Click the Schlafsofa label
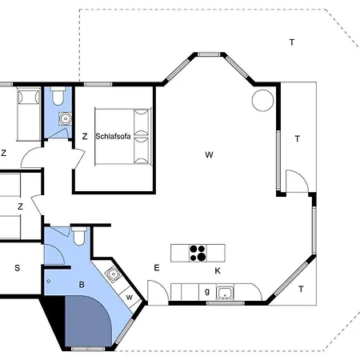(113, 136)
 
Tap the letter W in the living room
(209, 154)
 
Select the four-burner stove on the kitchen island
(198, 253)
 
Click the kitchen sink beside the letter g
(225, 294)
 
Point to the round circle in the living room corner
(262, 100)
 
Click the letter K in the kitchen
(218, 271)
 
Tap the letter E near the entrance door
(157, 268)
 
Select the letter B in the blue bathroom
(82, 285)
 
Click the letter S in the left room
(18, 268)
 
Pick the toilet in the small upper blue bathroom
(58, 96)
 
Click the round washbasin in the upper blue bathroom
(65, 118)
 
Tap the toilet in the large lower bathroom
(79, 236)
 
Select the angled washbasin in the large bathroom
(114, 274)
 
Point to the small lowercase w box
(130, 297)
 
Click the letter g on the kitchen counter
(207, 291)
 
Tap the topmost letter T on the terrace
(292, 42)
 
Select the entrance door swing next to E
(158, 293)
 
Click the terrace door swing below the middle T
(297, 181)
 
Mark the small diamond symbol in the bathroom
(48, 281)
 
